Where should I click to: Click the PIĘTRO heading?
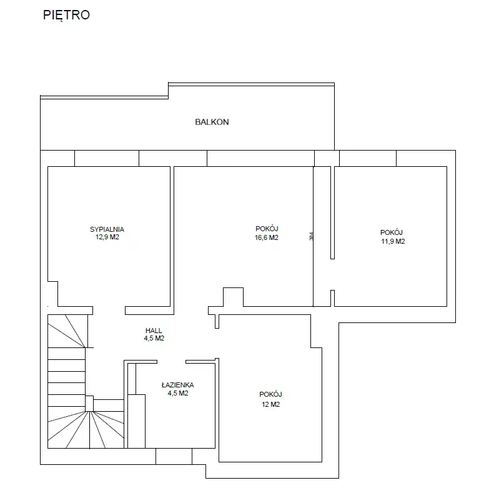[66, 15]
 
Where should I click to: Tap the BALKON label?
[212, 122]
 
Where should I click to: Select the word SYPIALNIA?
[107, 229]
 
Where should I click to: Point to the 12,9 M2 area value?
[107, 237]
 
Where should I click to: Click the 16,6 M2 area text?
[267, 237]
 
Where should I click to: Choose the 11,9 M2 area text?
[393, 241]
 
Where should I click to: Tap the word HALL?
[154, 331]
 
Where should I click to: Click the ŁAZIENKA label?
[177, 385]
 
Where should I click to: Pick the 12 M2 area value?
[271, 404]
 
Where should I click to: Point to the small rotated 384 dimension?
[311, 236]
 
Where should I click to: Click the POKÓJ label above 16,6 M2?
[267, 229]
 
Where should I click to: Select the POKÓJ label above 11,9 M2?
[392, 232]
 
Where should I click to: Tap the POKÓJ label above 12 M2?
[270, 394]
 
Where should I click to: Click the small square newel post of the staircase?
[89, 404]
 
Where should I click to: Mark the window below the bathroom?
[174, 456]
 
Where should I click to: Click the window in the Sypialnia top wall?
[107, 158]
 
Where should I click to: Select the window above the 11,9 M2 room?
[368, 158]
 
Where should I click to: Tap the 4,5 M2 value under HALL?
[154, 338]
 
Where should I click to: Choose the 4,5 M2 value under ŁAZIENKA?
[178, 393]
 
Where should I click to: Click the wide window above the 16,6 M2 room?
[260, 158]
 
